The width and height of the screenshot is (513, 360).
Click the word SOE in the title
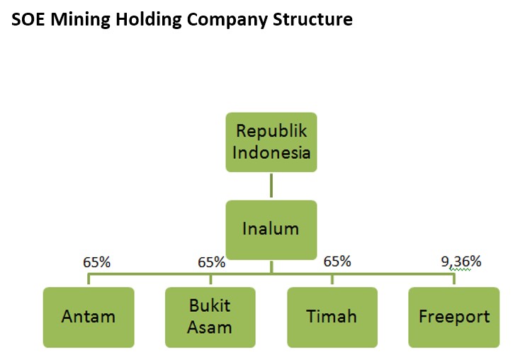click(x=28, y=19)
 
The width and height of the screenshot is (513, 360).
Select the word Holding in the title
click(x=149, y=21)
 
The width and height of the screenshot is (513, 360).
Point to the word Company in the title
click(x=227, y=21)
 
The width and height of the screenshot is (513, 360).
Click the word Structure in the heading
click(x=312, y=19)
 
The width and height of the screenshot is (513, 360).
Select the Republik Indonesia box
click(x=271, y=142)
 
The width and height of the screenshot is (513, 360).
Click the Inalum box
click(x=271, y=230)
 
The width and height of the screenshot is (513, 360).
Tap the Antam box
click(x=89, y=317)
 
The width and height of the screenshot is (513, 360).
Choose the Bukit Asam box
click(x=210, y=317)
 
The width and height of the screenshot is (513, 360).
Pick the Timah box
click(x=332, y=317)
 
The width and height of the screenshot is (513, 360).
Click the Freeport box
click(x=454, y=317)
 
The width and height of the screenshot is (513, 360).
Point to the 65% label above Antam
click(x=96, y=262)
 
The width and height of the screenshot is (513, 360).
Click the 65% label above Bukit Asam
click(x=211, y=262)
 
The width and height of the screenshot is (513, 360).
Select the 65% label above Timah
click(x=337, y=261)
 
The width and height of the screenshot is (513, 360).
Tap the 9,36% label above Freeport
click(x=461, y=261)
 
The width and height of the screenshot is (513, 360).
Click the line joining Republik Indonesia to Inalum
click(x=271, y=186)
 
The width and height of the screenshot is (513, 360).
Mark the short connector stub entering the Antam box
click(x=89, y=279)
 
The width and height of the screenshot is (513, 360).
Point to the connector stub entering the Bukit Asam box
click(x=210, y=279)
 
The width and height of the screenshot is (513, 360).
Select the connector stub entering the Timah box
click(x=332, y=279)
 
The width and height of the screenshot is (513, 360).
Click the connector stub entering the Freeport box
click(x=454, y=279)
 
